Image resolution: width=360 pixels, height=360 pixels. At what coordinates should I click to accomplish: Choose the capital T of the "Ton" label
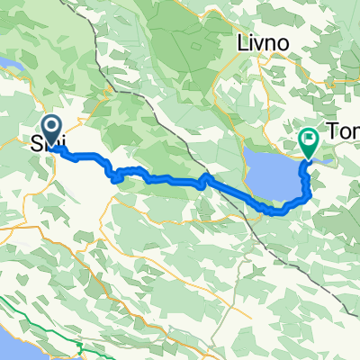coord(334,132)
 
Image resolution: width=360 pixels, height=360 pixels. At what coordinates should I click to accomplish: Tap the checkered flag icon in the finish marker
coord(309,139)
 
